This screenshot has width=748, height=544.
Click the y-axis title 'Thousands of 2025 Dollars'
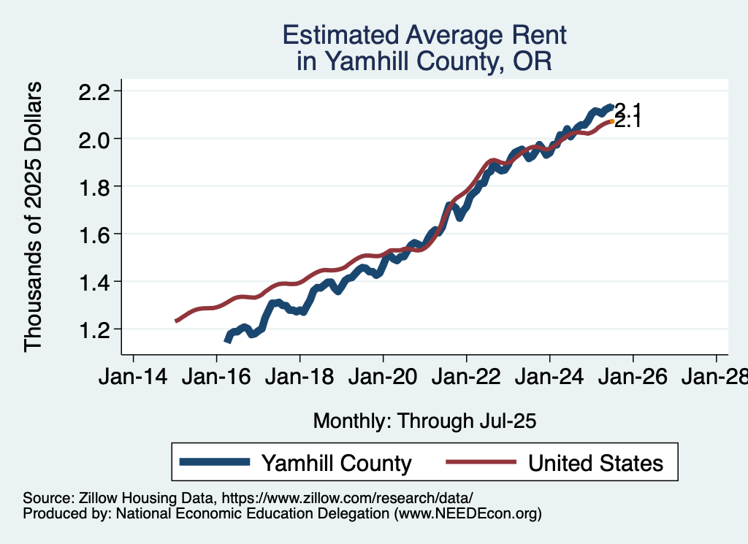pyautogui.click(x=34, y=217)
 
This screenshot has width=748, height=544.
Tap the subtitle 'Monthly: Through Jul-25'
pyautogui.click(x=424, y=421)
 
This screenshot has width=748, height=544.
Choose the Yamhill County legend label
pyautogui.click(x=336, y=463)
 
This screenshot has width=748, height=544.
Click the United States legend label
pyautogui.click(x=595, y=463)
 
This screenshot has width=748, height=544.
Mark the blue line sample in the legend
pyautogui.click(x=216, y=463)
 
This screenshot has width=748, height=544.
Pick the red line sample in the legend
pyautogui.click(x=478, y=463)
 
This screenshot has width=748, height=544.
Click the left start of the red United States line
pyautogui.click(x=175, y=321)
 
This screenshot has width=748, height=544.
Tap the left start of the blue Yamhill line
pyautogui.click(x=227, y=340)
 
